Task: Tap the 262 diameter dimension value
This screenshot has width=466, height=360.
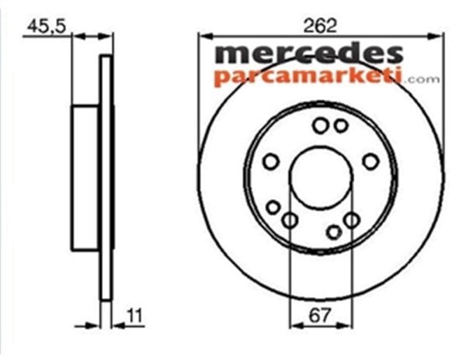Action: (x=321, y=25)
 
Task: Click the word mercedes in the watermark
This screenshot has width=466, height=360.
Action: (x=308, y=54)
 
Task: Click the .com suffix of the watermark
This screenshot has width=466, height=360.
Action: (x=422, y=78)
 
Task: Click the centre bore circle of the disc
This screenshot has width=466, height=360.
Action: (x=321, y=176)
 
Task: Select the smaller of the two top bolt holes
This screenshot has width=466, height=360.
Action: (x=340, y=125)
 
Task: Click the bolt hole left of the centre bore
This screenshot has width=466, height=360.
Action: (x=271, y=161)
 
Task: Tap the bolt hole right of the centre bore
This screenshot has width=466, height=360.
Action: (x=371, y=161)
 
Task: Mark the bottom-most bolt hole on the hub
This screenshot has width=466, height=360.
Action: (x=334, y=231)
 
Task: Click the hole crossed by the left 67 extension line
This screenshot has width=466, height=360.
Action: (x=289, y=221)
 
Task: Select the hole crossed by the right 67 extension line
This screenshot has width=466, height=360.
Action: (x=352, y=220)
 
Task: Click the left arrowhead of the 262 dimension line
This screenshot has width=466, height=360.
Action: (x=203, y=34)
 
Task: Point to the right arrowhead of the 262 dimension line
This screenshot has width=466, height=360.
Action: (x=439, y=34)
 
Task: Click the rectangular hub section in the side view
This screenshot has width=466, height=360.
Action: (x=85, y=178)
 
